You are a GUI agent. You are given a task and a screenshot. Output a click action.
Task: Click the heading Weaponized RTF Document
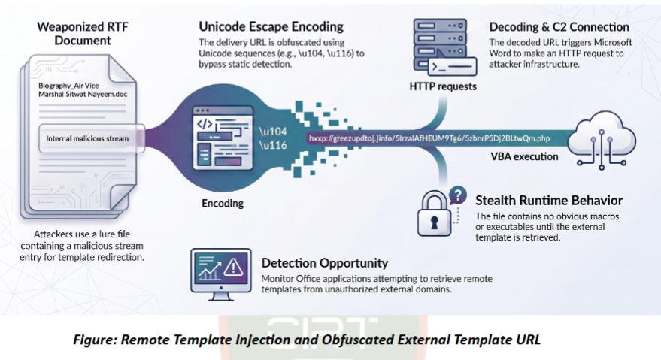click(x=83, y=34)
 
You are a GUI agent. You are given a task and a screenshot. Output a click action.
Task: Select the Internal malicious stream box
click(x=92, y=138)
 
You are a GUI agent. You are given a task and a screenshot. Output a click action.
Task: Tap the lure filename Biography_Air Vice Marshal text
click(x=83, y=89)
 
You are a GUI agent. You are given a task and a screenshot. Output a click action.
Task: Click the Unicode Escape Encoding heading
click(x=271, y=26)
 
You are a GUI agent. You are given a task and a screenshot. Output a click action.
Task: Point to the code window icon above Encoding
click(x=223, y=138)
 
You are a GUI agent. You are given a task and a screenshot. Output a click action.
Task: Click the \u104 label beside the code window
click(x=273, y=132)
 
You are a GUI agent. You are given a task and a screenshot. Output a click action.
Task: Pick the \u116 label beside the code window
click(x=273, y=145)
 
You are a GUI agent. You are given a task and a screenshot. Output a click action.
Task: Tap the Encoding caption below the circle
click(x=223, y=203)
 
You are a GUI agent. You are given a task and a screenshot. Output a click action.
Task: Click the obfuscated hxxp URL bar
click(x=429, y=138)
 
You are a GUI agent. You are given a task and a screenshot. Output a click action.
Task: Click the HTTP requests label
click(x=443, y=86)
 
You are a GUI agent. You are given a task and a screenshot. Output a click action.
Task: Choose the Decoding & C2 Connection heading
click(x=559, y=27)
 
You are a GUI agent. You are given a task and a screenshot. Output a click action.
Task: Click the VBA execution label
click(x=524, y=156)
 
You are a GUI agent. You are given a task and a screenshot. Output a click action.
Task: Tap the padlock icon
click(x=434, y=213)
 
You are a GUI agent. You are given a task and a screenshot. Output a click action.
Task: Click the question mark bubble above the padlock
click(x=458, y=195)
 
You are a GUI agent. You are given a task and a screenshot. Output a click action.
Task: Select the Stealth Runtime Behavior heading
click(x=549, y=200)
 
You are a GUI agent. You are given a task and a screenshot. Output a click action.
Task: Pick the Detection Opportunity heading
click(x=325, y=263)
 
